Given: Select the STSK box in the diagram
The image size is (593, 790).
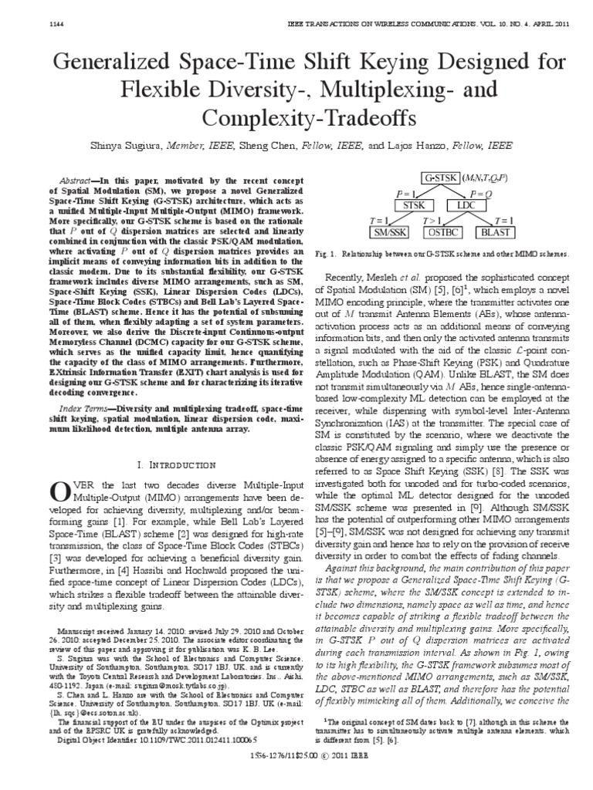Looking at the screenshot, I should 414,206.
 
